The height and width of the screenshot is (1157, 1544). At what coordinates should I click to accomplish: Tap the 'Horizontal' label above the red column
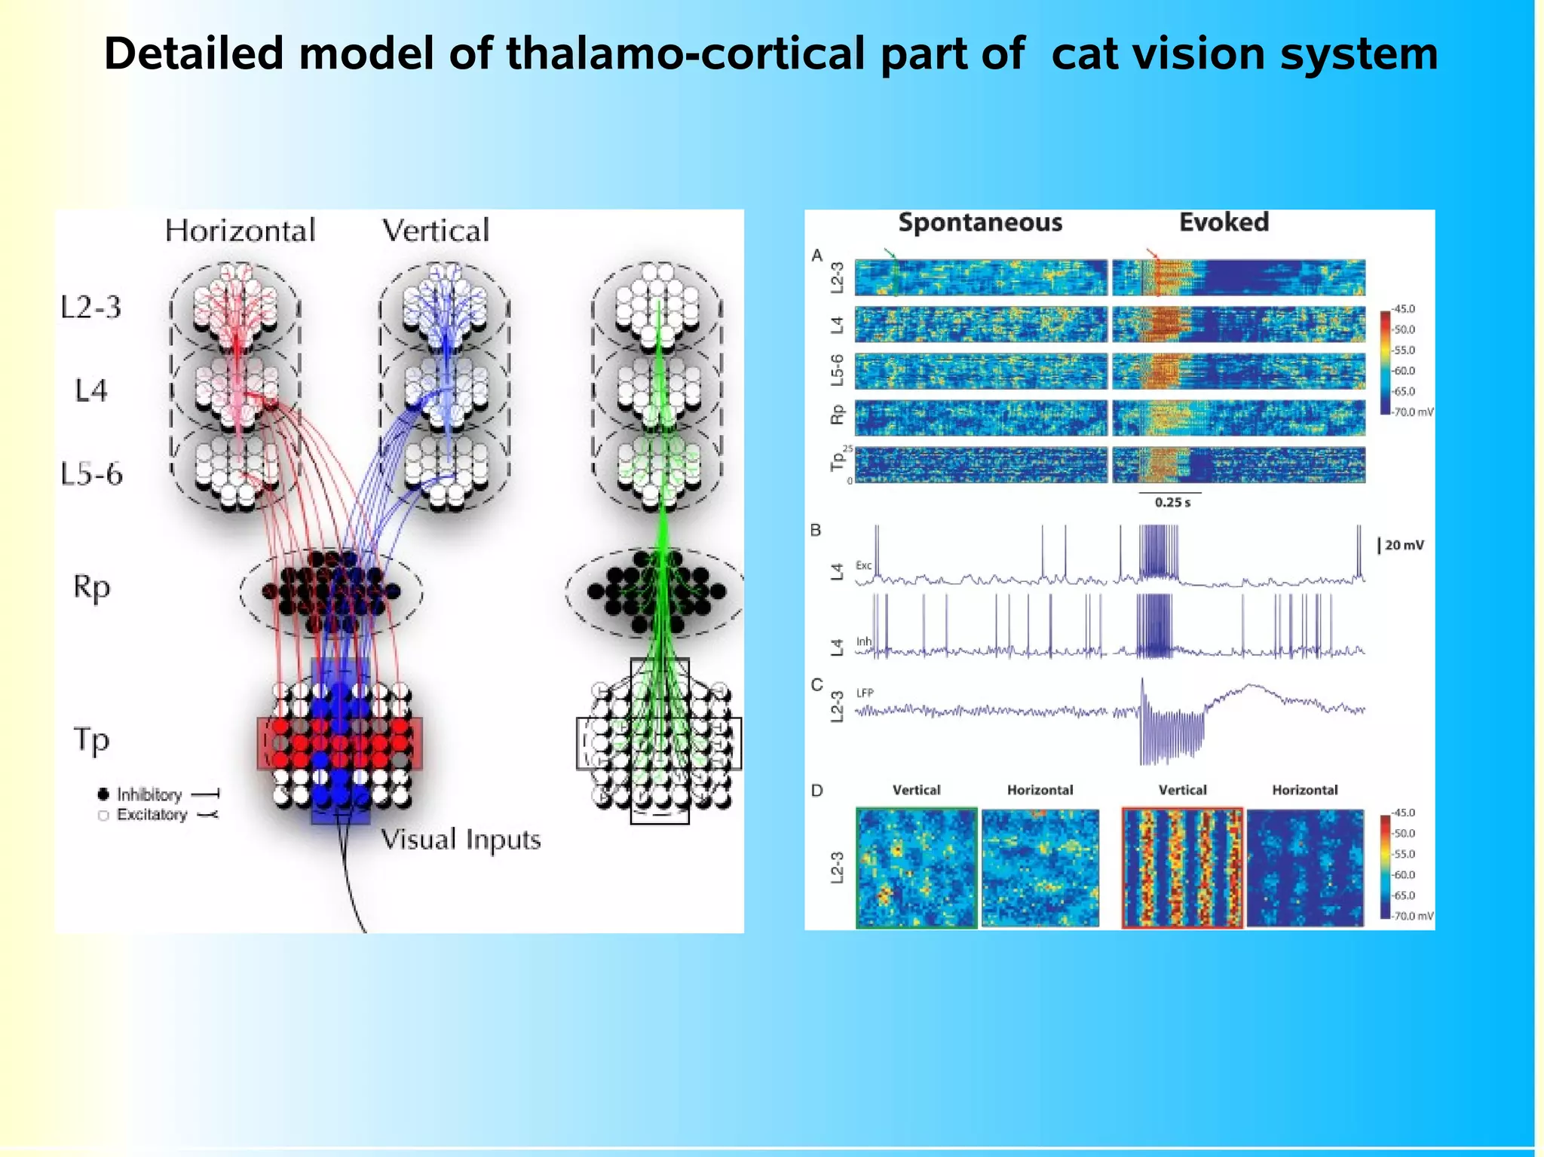pyautogui.click(x=240, y=231)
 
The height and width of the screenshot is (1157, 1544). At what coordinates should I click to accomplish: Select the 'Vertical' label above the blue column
pyautogui.click(x=436, y=231)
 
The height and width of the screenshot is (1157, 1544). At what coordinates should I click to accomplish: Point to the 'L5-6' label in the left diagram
pyautogui.click(x=91, y=474)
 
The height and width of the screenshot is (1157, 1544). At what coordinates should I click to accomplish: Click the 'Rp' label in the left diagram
pyautogui.click(x=91, y=586)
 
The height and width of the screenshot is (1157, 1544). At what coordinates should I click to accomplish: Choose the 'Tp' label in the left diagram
pyautogui.click(x=91, y=739)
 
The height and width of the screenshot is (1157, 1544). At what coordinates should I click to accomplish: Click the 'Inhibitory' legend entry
pyautogui.click(x=149, y=794)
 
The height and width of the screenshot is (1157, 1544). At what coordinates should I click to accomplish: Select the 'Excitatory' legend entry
pyautogui.click(x=152, y=815)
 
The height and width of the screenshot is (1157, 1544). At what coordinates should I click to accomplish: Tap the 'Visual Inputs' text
pyautogui.click(x=461, y=839)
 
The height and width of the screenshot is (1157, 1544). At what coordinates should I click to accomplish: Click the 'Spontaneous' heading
pyautogui.click(x=980, y=222)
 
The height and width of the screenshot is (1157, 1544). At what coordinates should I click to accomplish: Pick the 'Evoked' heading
pyautogui.click(x=1224, y=222)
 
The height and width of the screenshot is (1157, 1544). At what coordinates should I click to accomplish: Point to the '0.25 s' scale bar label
pyautogui.click(x=1172, y=503)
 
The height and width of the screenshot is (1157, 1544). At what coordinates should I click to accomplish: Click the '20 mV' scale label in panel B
pyautogui.click(x=1404, y=545)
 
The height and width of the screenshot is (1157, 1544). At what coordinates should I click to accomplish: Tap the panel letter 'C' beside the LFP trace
pyautogui.click(x=816, y=685)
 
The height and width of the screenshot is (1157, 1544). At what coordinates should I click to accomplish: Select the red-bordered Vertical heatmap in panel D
pyautogui.click(x=1182, y=868)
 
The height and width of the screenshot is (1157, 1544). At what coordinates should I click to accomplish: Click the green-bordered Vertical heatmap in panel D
pyautogui.click(x=917, y=868)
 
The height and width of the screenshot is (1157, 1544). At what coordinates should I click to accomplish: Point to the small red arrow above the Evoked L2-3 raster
pyautogui.click(x=1152, y=253)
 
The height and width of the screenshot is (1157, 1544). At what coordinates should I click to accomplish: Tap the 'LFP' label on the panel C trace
pyautogui.click(x=865, y=693)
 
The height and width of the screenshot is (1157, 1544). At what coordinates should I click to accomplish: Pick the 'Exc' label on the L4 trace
pyautogui.click(x=863, y=565)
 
